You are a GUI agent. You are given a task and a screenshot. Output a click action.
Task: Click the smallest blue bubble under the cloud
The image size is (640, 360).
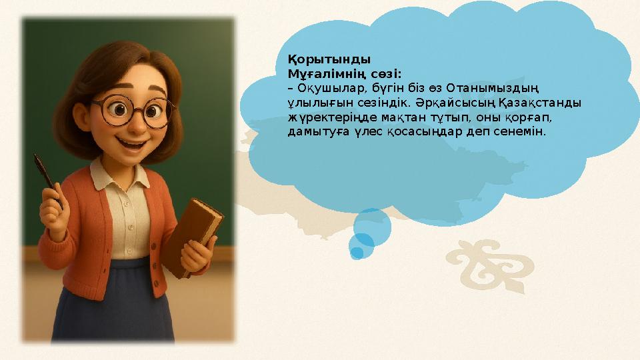point(357,253)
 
